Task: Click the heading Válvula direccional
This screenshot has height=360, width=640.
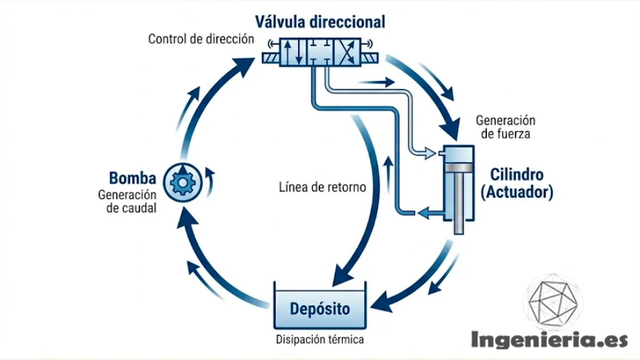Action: (320, 22)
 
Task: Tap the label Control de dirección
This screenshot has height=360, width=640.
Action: (201, 39)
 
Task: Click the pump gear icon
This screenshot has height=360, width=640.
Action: (181, 182)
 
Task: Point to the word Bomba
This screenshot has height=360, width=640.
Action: (133, 178)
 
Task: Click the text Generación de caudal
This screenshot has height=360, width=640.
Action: (127, 202)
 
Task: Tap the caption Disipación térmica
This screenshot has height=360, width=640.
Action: (320, 339)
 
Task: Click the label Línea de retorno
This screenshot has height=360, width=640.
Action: (322, 187)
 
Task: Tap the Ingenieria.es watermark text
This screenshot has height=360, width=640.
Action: (549, 339)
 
